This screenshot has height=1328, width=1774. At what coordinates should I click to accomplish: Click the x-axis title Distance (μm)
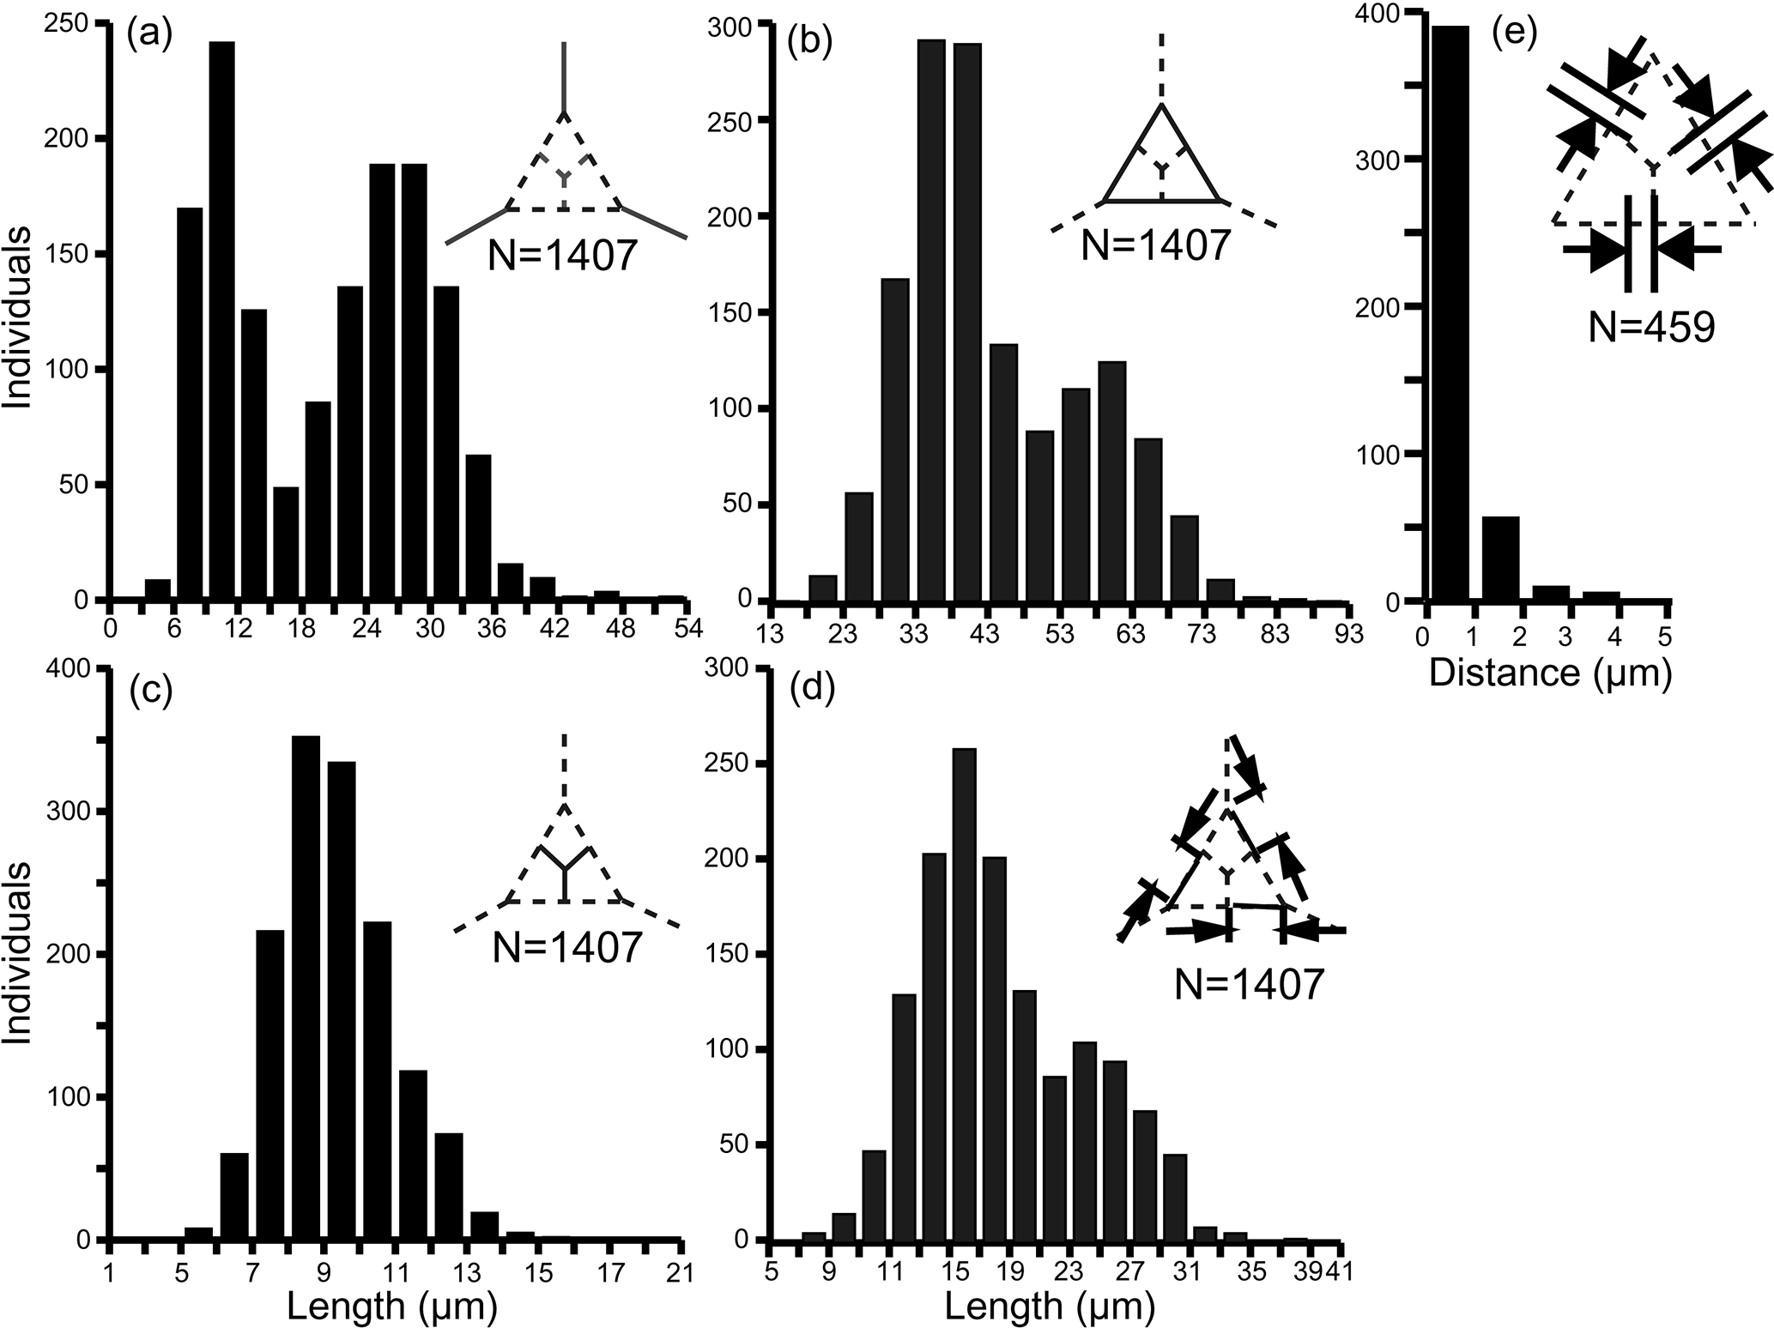coord(1550,674)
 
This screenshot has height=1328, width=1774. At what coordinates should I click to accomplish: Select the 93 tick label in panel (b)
coord(1347,634)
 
